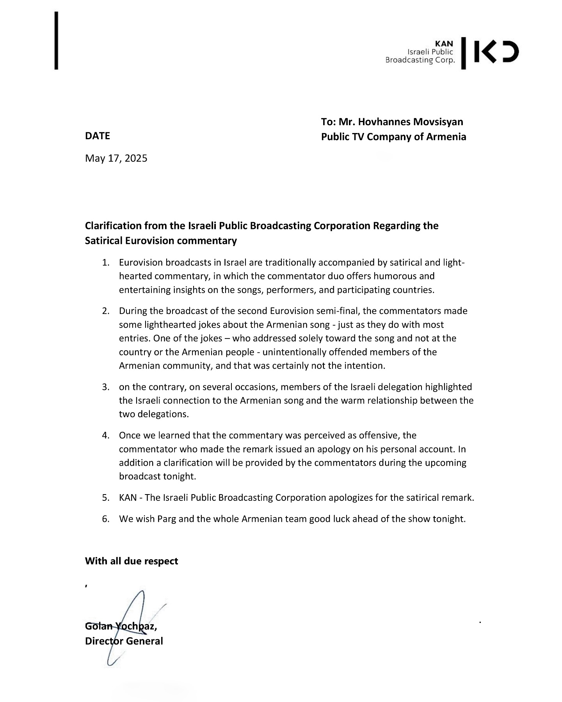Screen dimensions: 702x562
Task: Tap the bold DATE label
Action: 98,136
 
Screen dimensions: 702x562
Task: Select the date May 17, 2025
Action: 116,158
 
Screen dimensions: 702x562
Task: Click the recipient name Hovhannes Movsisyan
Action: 411,122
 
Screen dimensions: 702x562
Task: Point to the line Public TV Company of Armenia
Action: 393,137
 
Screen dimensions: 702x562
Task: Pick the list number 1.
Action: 105,262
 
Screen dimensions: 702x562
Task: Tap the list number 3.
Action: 105,387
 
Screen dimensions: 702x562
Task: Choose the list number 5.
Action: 105,498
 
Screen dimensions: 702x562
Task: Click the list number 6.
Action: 105,519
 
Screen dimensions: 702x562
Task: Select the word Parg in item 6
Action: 167,519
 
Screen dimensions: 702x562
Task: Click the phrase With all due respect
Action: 132,561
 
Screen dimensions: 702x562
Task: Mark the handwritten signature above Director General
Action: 129,624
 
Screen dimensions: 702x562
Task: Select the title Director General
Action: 124,641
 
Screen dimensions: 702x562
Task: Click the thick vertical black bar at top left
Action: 57,41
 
